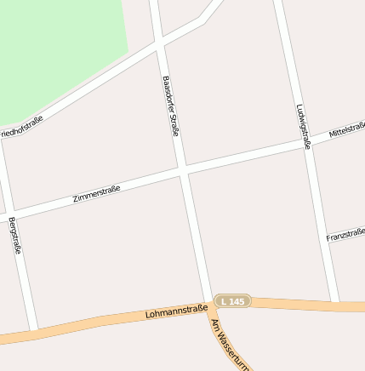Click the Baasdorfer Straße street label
[x=170, y=106]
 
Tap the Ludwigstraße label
[x=302, y=126]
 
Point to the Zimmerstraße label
[x=96, y=194]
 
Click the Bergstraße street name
[x=14, y=237]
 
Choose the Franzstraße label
[x=345, y=234]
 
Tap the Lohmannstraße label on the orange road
[x=176, y=312]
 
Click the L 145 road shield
[x=232, y=301]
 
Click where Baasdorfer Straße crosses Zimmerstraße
[x=183, y=172]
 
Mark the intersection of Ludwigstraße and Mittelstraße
[x=307, y=142]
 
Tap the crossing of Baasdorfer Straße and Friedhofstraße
[x=159, y=43]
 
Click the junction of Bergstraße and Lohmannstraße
[x=35, y=328]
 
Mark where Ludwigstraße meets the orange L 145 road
[x=336, y=304]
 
